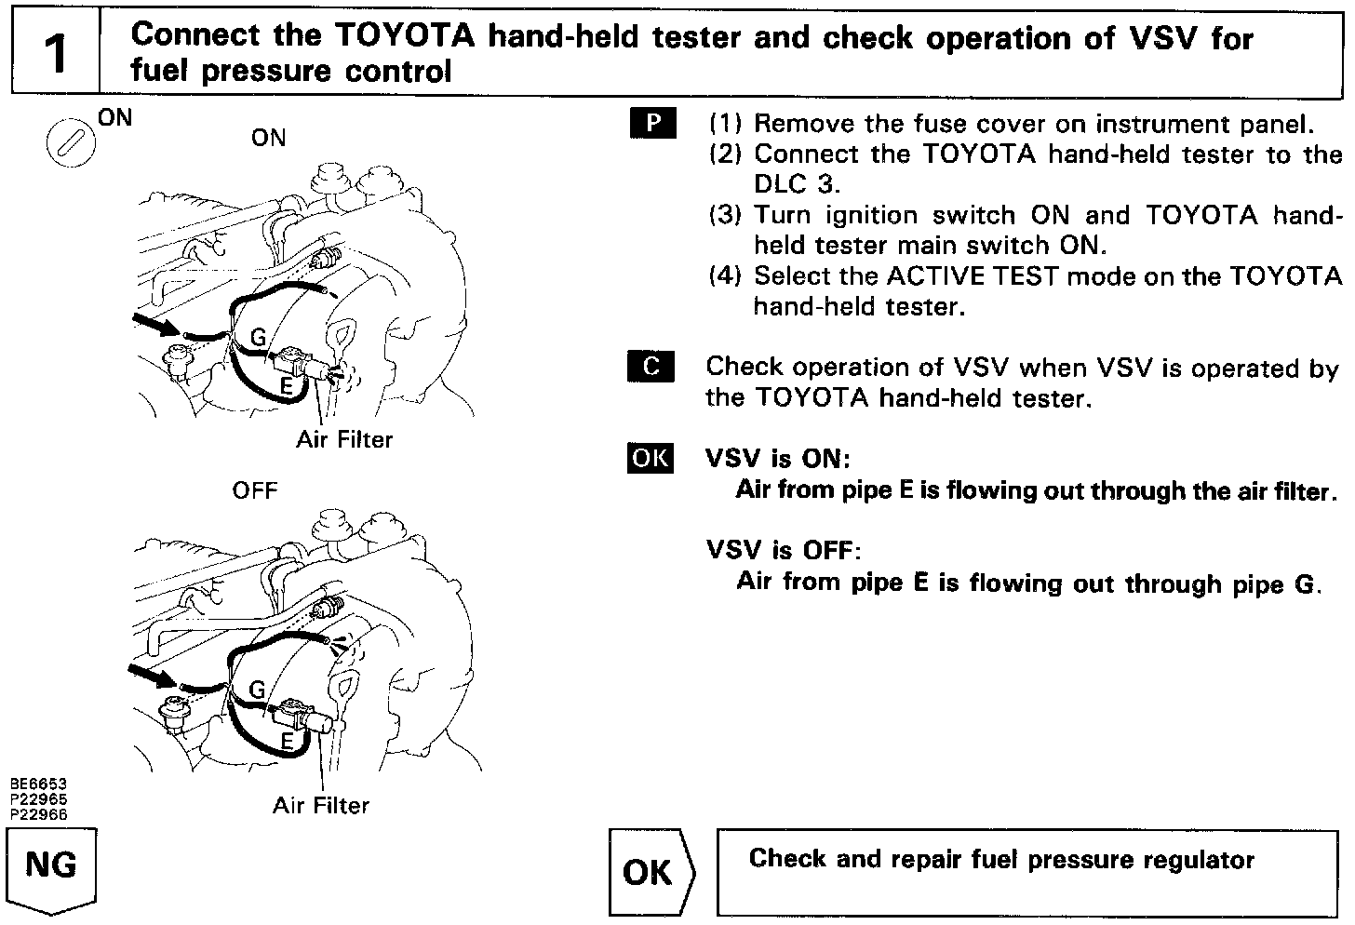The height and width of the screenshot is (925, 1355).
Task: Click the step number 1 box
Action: pos(56,53)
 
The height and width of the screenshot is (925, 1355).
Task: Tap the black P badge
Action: pos(651,123)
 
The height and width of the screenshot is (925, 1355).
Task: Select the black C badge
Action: pos(651,367)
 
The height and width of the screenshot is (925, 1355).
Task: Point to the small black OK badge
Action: pos(650,458)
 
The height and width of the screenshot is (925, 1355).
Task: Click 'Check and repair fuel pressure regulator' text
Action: pos(1001,859)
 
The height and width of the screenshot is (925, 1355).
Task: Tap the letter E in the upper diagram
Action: pos(288,383)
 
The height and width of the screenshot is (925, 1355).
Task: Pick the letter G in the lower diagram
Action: pos(257,690)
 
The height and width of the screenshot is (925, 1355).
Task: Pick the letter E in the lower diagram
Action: pos(288,741)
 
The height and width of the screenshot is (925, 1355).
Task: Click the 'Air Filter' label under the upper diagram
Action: pos(344,439)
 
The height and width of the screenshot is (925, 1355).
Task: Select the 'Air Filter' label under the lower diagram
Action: pos(321,805)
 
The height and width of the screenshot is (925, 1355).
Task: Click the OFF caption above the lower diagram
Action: pos(255,489)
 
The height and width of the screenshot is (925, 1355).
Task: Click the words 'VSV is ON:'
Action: pos(779,459)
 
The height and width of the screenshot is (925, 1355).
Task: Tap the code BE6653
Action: pos(39,784)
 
